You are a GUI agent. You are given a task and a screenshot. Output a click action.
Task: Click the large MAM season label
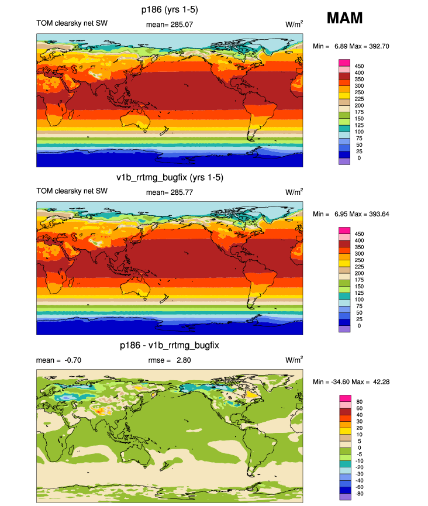344,18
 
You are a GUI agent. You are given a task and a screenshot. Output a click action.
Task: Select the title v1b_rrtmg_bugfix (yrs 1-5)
170,177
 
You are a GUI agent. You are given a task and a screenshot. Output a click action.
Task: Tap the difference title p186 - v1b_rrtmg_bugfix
170,345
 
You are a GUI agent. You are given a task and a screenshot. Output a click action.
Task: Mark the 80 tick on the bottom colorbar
357,401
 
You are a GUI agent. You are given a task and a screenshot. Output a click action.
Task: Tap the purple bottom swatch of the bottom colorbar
344,497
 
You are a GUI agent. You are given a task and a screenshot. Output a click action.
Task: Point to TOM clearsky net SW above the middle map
72,191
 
